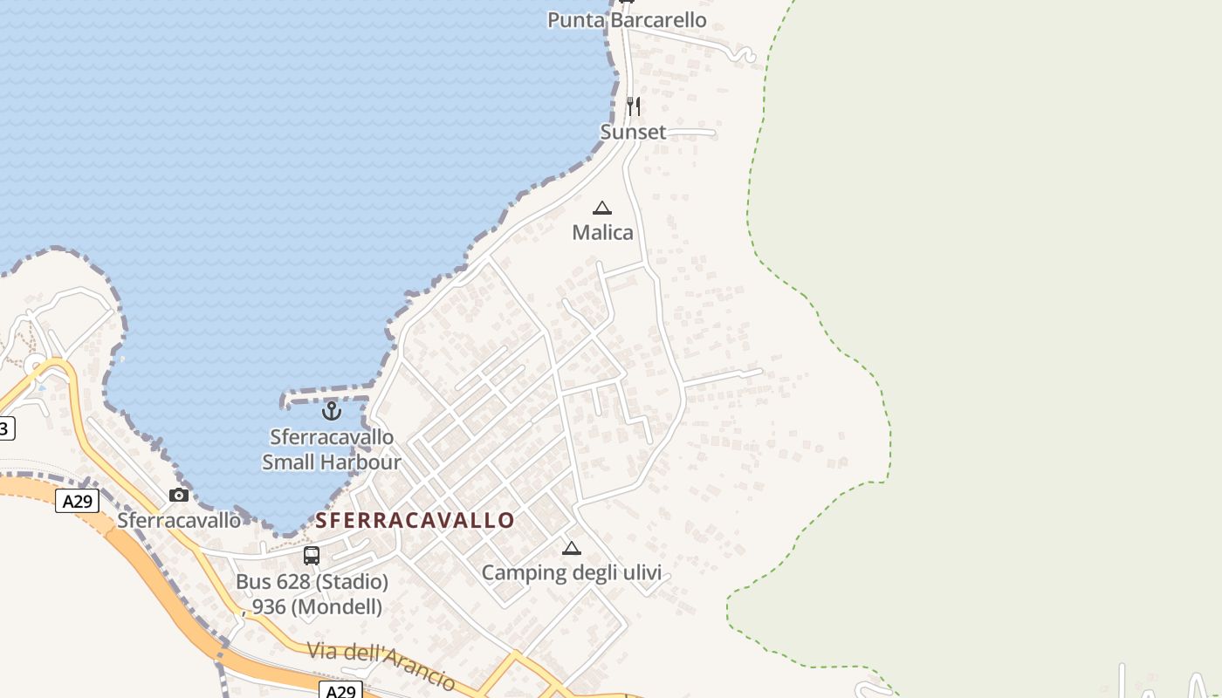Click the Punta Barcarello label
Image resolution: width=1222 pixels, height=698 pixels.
(627, 19)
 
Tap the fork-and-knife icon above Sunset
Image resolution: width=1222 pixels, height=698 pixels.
(634, 106)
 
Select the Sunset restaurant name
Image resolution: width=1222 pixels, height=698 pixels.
(633, 132)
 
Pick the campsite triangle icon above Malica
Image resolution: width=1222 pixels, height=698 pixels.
(602, 208)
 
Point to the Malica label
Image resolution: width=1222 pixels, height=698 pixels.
(602, 232)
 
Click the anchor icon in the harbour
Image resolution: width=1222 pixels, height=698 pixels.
(331, 410)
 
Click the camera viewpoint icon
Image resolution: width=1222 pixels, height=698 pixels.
(179, 495)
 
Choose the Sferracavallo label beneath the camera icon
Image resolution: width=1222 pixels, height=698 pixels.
(179, 520)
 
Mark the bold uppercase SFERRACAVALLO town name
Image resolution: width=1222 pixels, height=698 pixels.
(415, 521)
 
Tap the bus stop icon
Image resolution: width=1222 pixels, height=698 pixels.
(312, 555)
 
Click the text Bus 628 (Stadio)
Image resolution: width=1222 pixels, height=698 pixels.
(312, 581)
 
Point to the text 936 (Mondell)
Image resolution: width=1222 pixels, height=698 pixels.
(317, 606)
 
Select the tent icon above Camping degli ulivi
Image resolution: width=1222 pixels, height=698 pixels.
(572, 548)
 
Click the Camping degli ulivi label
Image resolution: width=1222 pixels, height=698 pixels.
(572, 572)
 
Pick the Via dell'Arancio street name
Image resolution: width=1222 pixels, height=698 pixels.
(381, 665)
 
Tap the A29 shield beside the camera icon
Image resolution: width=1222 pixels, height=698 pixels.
(77, 501)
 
